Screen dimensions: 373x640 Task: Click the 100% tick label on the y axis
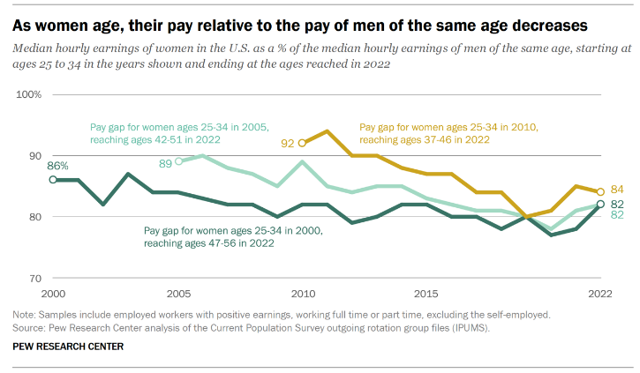pyautogui.click(x=29, y=93)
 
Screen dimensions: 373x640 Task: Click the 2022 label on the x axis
pyautogui.click(x=599, y=294)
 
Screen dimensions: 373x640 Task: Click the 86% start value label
pyautogui.click(x=57, y=166)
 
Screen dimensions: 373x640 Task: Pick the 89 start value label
pyautogui.click(x=164, y=162)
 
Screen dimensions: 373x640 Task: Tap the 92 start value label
pyautogui.click(x=289, y=143)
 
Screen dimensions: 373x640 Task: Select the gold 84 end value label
pyautogui.click(x=618, y=190)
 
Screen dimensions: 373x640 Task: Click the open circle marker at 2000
pyautogui.click(x=53, y=180)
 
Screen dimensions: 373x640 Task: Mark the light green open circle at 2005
pyautogui.click(x=178, y=161)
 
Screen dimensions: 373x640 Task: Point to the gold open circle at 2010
pyautogui.click(x=303, y=143)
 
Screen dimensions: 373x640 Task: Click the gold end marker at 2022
pyautogui.click(x=602, y=191)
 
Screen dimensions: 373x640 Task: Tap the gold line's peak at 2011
pyautogui.click(x=328, y=131)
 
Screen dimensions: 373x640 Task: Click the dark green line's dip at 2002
pyautogui.click(x=103, y=205)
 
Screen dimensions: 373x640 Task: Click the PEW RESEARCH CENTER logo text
pyautogui.click(x=68, y=347)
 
